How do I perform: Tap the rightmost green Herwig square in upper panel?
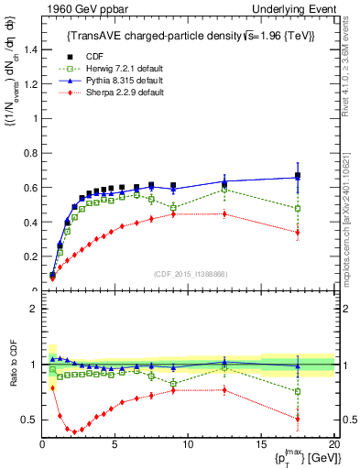click(297, 209)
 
